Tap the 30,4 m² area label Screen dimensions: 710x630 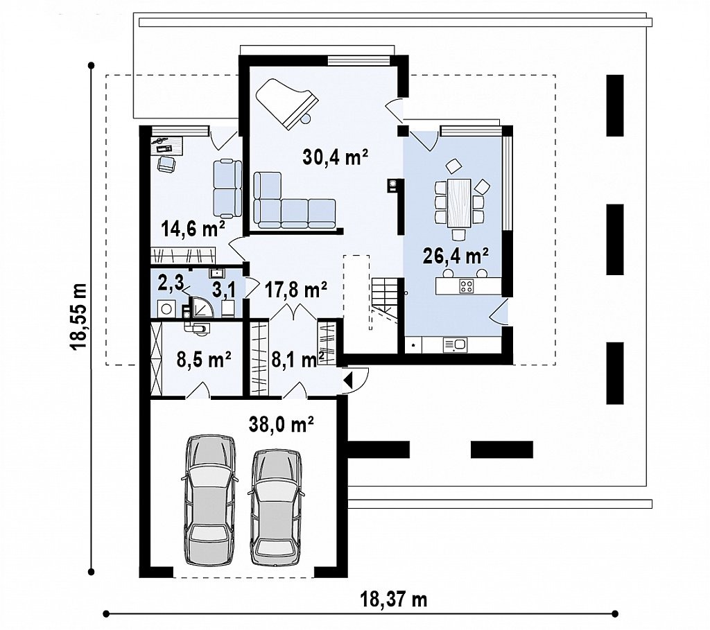click(335, 157)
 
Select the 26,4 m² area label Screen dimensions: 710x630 click(456, 256)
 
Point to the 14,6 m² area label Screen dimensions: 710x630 click(193, 229)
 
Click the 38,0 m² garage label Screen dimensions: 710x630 click(282, 425)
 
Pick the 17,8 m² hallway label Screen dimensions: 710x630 click(295, 290)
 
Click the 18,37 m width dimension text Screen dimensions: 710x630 click(394, 600)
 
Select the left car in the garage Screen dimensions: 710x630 click(209, 500)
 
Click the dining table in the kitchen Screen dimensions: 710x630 click(459, 203)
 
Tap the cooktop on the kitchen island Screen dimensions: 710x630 click(467, 286)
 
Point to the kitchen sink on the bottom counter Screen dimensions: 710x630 click(455, 345)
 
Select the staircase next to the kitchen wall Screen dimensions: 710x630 click(385, 300)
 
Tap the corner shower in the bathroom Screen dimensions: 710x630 click(202, 307)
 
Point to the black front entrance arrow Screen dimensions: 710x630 click(348, 379)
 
